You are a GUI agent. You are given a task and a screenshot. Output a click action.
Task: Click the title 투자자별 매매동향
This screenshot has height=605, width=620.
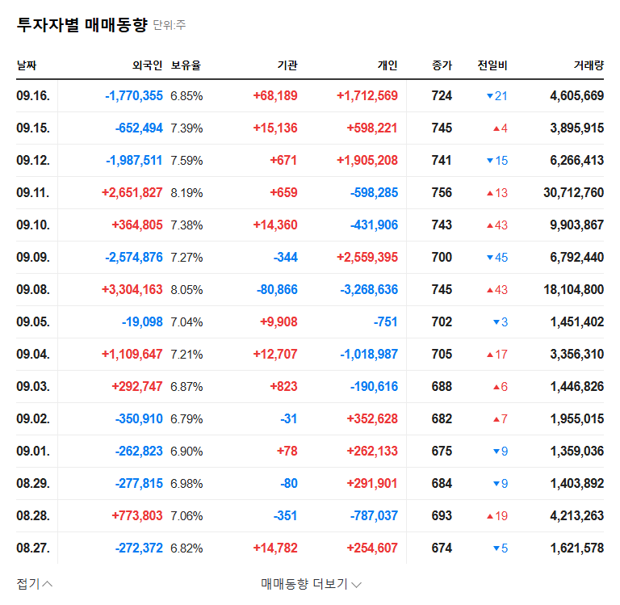click(82, 25)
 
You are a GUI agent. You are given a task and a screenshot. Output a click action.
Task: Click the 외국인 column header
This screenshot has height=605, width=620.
click(148, 65)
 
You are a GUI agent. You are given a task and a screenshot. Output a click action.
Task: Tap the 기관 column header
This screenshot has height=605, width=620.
click(287, 65)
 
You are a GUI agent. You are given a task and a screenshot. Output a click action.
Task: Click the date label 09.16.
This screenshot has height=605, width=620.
click(33, 96)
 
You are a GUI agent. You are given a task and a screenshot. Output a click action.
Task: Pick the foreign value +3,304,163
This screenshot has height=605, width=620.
click(132, 290)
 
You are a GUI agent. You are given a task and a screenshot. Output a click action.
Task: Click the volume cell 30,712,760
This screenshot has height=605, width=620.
click(574, 193)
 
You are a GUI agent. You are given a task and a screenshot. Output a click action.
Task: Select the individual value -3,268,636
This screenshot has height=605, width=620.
click(369, 290)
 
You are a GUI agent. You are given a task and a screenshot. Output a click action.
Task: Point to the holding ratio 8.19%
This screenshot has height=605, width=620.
click(186, 193)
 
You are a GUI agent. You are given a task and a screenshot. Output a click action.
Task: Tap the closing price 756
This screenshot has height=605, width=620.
click(442, 193)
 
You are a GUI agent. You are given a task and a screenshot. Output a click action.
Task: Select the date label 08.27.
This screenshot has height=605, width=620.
click(33, 548)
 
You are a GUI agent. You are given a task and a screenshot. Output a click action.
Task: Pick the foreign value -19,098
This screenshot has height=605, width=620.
click(136, 322)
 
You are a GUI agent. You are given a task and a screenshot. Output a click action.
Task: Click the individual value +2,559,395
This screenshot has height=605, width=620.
click(367, 258)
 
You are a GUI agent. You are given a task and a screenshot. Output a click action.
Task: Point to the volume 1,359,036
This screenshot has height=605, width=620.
click(576, 452)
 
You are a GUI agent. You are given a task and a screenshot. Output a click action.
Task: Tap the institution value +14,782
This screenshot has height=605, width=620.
click(275, 548)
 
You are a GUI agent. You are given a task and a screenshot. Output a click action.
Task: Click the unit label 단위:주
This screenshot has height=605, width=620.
click(170, 26)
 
